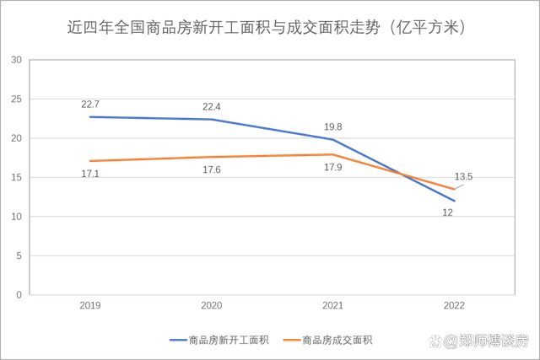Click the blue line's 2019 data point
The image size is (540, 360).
coord(90,116)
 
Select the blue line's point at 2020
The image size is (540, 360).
coord(212,119)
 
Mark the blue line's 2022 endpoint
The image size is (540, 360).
coord(455,201)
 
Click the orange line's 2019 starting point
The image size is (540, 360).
coord(90,160)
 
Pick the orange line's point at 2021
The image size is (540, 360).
coord(333,154)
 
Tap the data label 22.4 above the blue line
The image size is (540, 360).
coord(212,106)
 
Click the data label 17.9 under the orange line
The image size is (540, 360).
coord(332,168)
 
